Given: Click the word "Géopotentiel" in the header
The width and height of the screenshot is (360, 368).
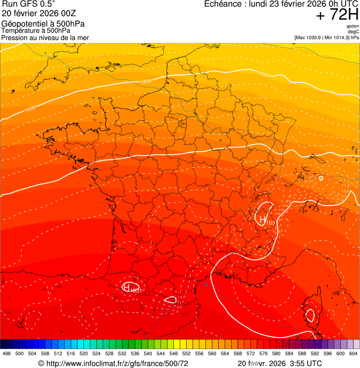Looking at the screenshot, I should point(22,24).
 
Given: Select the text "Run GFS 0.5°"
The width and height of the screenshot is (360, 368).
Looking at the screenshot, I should point(29,4).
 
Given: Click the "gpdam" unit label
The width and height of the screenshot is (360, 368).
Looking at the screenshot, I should point(353,26).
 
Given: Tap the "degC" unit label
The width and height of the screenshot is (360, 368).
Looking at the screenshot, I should point(353,31).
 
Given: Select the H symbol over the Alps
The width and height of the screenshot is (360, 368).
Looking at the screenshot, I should point(262,219).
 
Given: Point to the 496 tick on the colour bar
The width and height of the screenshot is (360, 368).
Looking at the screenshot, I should point(7,354).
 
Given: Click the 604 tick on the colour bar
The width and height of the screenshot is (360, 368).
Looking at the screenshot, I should point(353,354).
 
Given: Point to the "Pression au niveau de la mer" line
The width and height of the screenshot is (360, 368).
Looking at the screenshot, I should point(45,37).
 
